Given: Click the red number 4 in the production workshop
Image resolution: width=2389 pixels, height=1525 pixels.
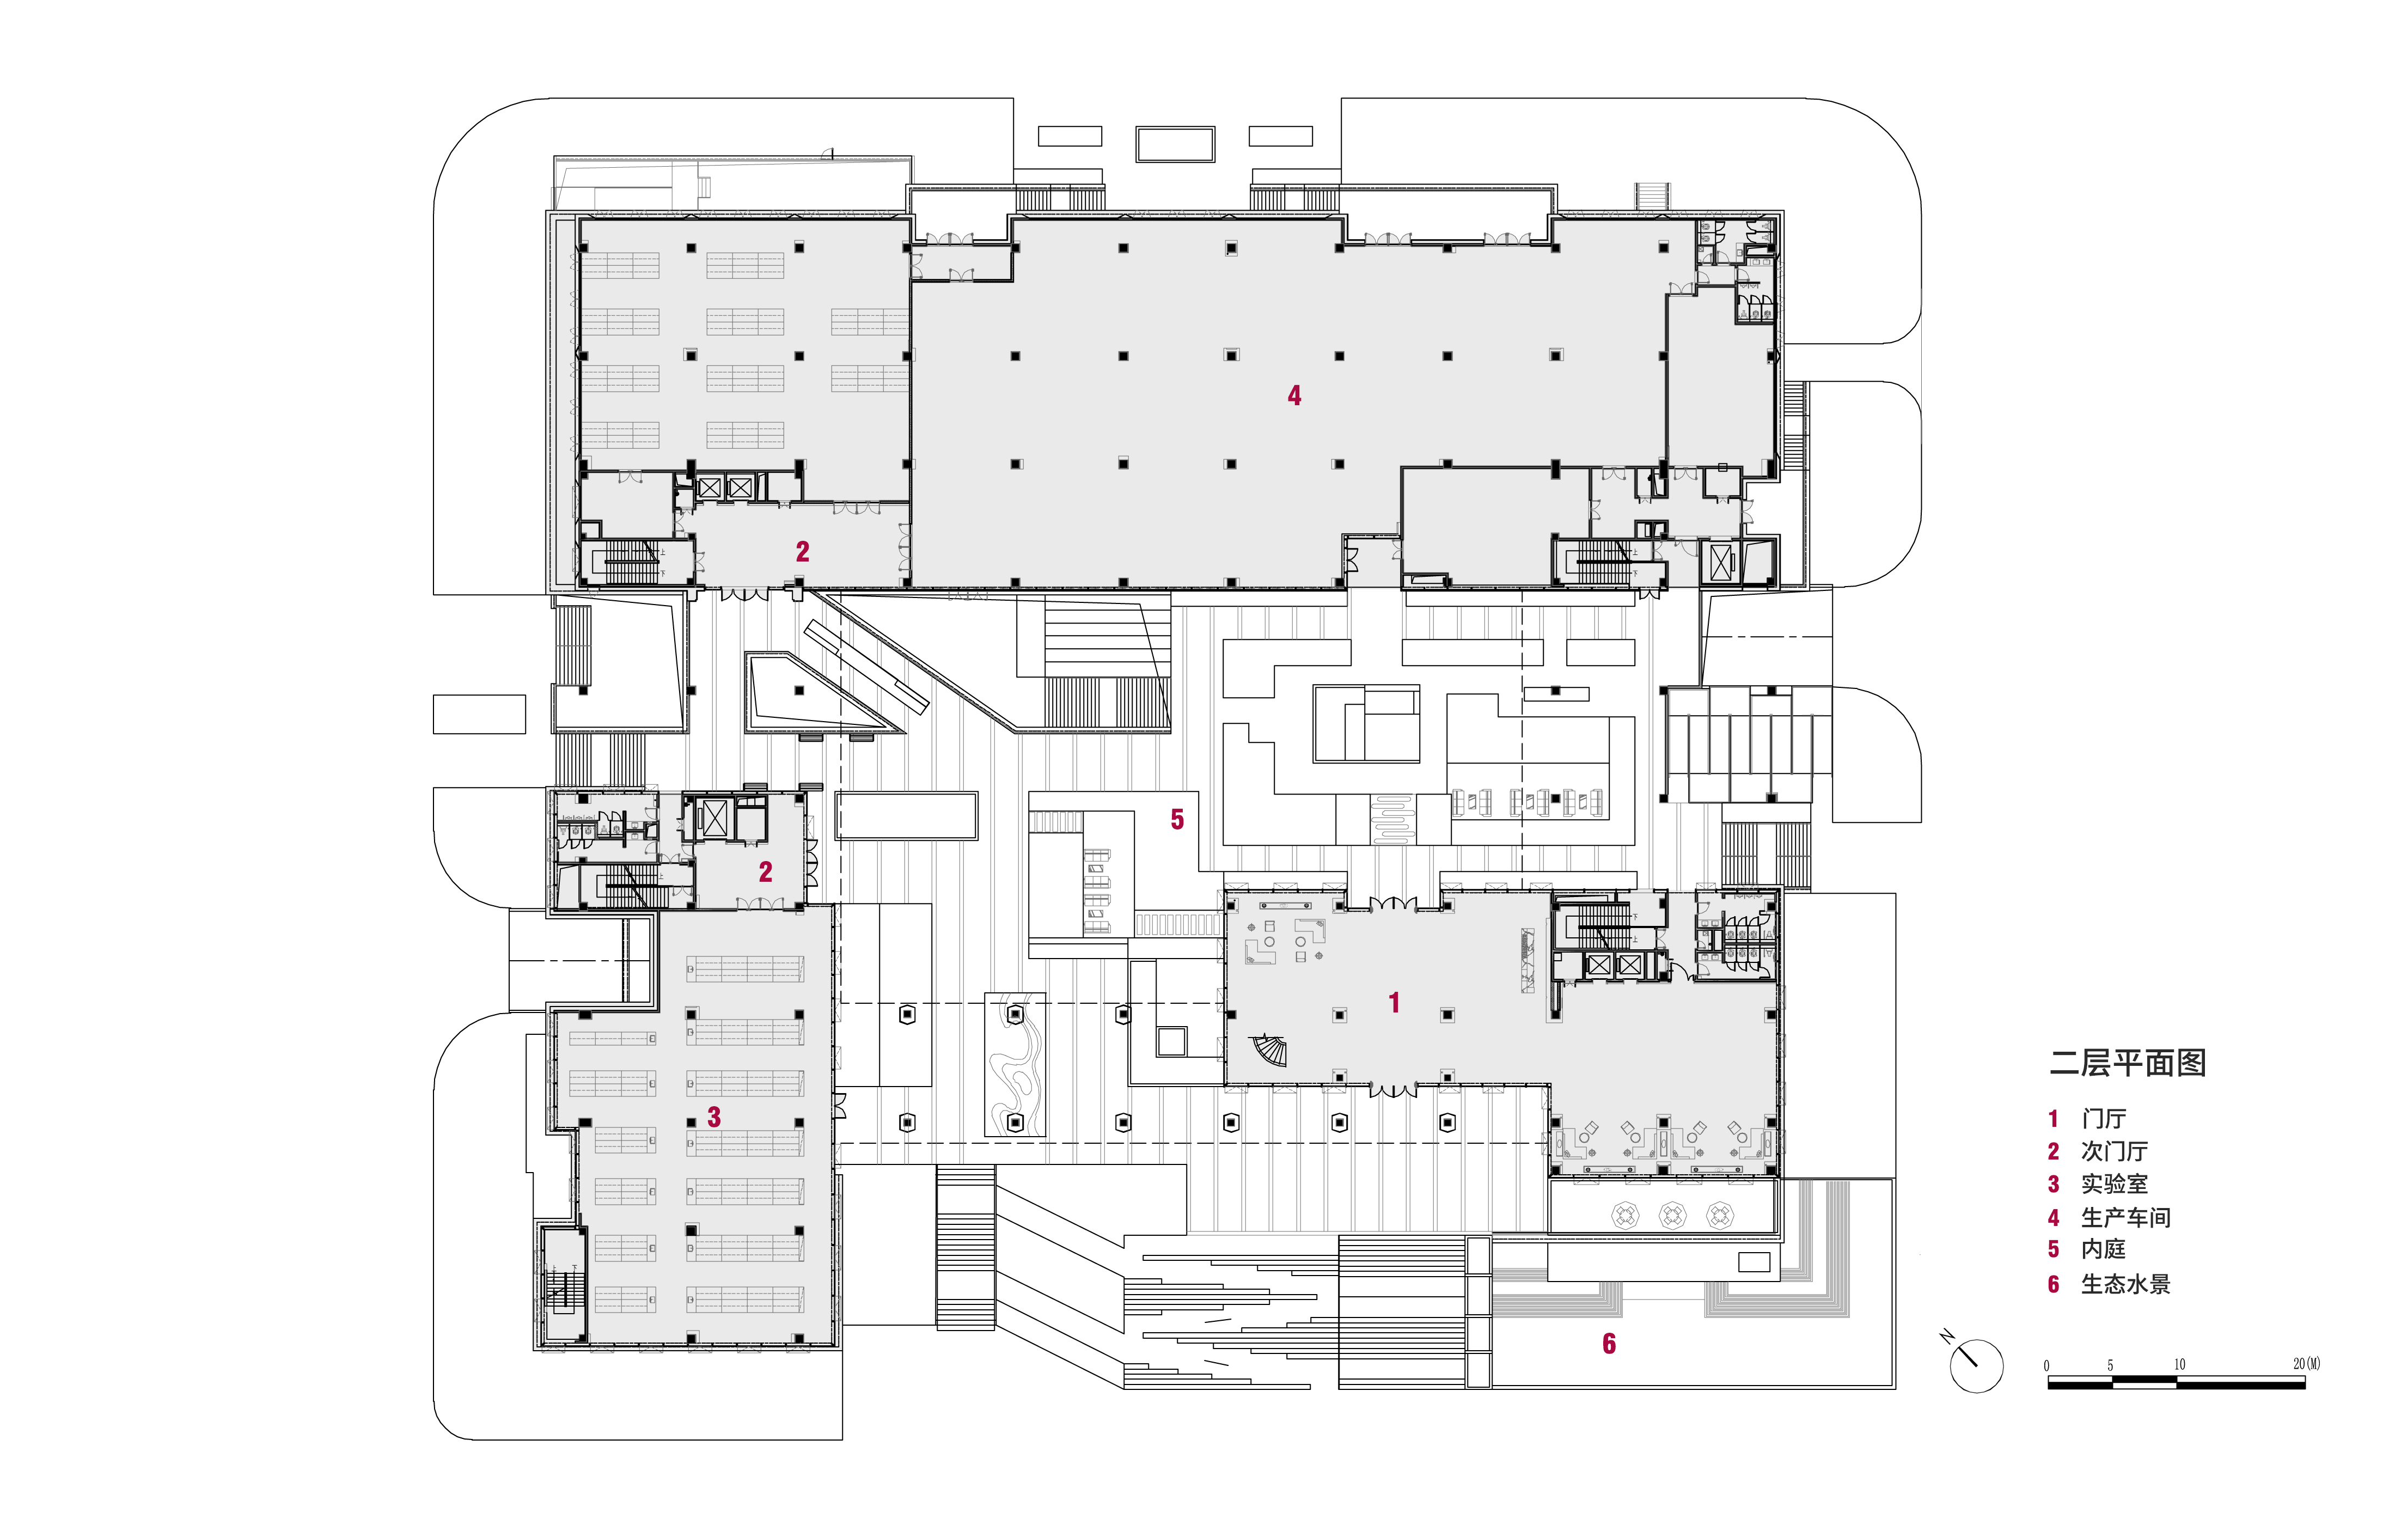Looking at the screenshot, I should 1294,396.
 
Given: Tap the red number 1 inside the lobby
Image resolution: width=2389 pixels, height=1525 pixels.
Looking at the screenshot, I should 1394,1003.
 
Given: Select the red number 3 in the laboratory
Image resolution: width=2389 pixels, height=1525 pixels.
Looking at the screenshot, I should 713,1117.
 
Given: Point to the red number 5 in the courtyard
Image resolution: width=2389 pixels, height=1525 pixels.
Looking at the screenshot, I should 1177,820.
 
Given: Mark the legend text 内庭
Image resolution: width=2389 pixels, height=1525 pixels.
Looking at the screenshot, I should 2103,1249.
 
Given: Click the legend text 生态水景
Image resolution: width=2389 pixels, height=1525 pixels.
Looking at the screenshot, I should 2125,1284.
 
